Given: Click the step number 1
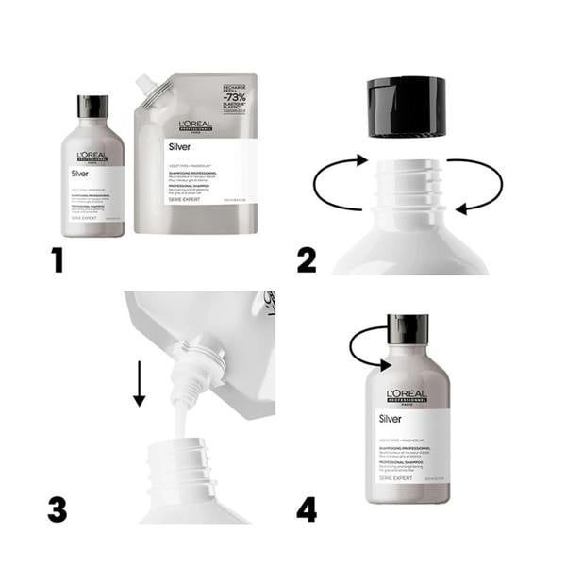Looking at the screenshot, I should [58, 258].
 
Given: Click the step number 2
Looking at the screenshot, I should [307, 258].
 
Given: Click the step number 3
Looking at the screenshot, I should [58, 508].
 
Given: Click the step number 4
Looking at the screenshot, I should [307, 509].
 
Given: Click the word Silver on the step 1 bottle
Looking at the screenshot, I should [81, 174].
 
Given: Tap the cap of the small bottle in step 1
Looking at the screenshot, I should [92, 106].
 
